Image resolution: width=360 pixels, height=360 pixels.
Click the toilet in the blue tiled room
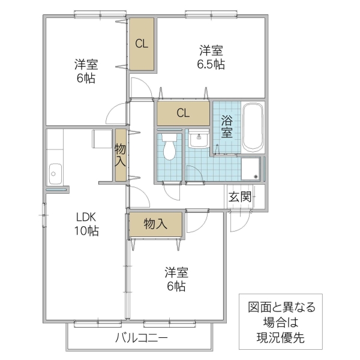170,148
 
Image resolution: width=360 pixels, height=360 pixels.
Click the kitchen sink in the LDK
55,175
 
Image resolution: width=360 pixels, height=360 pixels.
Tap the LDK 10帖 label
86,223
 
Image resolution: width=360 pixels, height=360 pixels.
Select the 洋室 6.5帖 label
212,56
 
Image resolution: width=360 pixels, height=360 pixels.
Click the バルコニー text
141,338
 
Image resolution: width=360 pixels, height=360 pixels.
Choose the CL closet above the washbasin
183,112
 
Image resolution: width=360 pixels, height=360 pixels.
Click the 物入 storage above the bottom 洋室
155,224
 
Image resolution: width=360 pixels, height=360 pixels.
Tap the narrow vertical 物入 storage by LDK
121,155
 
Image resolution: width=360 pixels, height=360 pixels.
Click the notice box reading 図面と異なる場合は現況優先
281,322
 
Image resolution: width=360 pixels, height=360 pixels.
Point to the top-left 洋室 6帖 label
86,71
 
